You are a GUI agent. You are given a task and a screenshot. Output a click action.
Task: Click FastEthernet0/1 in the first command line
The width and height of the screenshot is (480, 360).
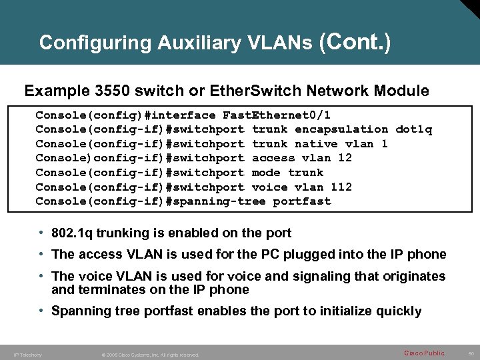[277, 115]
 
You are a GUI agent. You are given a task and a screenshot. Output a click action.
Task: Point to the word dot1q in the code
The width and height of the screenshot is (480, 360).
[414, 129]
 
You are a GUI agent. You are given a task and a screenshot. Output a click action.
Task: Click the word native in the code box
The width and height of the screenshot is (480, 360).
[316, 144]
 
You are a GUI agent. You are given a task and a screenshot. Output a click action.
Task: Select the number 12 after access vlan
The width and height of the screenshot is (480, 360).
[345, 158]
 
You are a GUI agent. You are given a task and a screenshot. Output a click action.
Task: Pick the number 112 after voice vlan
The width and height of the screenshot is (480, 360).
[341, 187]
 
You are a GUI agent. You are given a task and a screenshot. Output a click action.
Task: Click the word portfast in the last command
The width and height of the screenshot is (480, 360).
[302, 201]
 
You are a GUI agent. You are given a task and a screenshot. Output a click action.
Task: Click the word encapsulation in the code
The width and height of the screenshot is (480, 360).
[341, 129]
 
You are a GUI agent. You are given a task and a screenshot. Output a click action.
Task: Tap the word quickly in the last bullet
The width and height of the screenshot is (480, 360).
[397, 311]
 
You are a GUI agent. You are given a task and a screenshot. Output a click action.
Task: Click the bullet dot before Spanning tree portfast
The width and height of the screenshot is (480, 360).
[42, 311]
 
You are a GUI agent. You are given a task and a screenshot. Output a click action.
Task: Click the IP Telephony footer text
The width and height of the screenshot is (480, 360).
[28, 355]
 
